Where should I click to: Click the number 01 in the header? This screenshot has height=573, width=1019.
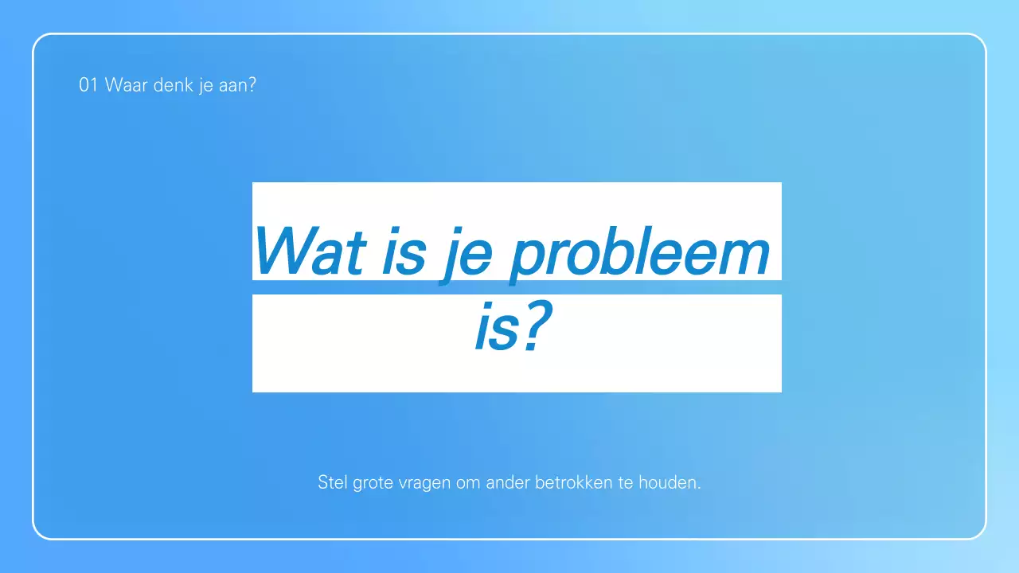[88, 85]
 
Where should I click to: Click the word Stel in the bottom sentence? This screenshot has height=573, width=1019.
[333, 482]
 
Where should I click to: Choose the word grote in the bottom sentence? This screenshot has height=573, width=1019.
[374, 483]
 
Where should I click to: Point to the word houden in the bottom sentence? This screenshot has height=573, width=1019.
[670, 482]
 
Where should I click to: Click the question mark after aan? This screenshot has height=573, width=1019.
[252, 85]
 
